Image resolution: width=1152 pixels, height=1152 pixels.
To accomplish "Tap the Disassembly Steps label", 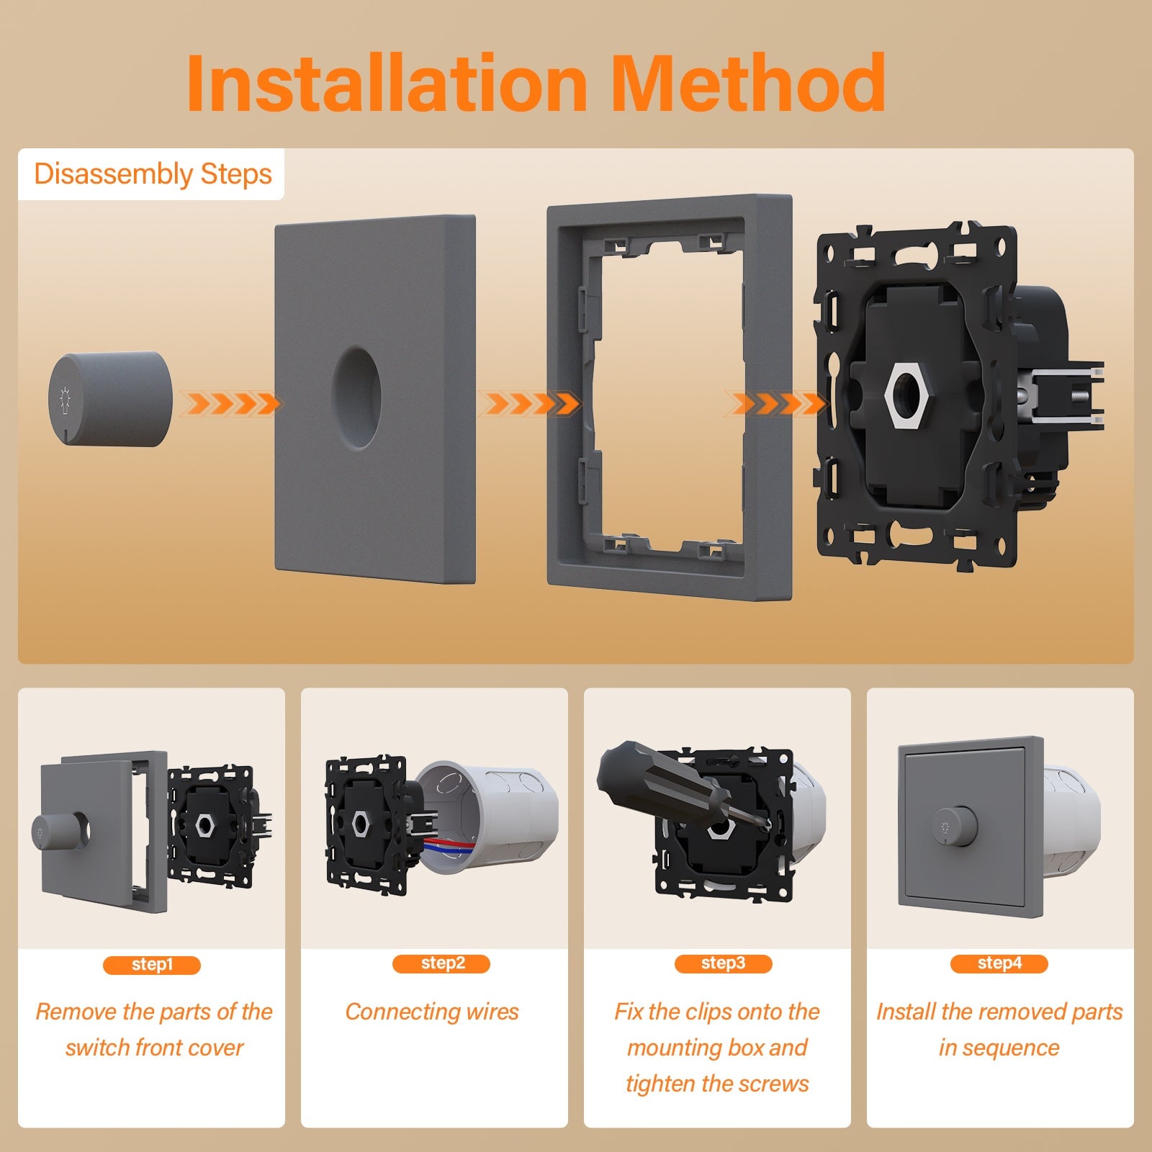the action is [x=153, y=174].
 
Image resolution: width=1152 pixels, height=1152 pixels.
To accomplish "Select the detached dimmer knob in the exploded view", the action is [x=111, y=398].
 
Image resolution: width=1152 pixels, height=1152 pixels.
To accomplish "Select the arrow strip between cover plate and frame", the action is [x=530, y=403].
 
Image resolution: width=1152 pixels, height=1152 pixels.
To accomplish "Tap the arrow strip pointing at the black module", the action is [x=776, y=403].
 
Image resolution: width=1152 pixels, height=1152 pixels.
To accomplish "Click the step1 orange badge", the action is [x=152, y=965].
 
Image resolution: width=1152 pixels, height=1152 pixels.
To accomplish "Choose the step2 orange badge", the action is [x=441, y=963].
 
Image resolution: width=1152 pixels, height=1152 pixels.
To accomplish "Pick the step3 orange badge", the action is [x=723, y=963].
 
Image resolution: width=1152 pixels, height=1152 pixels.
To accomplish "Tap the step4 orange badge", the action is [x=999, y=963].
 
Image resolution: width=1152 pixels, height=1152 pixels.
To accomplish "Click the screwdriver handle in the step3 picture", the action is [x=652, y=778].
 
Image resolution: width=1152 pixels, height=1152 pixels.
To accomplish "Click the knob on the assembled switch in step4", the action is [x=955, y=826].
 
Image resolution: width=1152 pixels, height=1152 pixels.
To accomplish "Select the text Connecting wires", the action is [x=432, y=1012].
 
